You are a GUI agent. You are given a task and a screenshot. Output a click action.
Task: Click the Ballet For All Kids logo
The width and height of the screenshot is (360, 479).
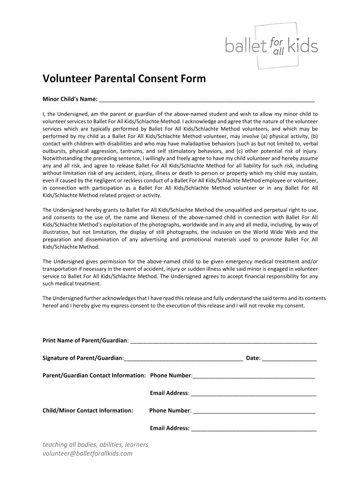click(x=271, y=46)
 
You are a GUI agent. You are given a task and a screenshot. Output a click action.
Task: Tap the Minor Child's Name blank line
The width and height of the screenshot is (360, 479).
click(x=207, y=100)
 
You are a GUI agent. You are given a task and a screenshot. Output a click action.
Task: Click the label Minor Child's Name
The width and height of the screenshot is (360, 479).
click(x=70, y=99)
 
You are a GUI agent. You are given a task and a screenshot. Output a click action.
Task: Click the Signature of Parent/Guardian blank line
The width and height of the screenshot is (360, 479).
click(x=183, y=359)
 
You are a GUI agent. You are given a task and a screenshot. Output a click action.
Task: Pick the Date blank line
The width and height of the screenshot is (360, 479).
click(x=290, y=359)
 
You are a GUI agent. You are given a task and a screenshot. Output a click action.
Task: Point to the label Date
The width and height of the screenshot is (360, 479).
click(x=253, y=358)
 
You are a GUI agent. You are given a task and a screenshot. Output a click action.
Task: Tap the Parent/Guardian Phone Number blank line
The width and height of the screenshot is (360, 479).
click(x=253, y=377)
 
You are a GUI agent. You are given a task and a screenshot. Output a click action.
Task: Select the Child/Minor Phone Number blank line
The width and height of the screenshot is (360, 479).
click(x=254, y=412)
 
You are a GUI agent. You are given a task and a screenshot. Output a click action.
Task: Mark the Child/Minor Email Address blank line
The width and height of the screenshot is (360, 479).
click(x=254, y=429)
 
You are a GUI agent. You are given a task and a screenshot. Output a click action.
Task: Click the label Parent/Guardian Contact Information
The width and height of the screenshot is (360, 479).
click(x=94, y=375)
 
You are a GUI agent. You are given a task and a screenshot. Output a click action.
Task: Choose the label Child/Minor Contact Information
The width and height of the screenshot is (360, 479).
click(x=88, y=410)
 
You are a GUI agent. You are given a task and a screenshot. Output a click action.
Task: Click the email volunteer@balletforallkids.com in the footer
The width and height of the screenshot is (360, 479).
click(x=87, y=453)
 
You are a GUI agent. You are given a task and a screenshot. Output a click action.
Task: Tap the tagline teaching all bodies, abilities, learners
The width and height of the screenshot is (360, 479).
click(x=95, y=444)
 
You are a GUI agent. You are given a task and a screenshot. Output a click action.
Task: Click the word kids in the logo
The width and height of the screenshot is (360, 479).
click(x=303, y=46)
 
